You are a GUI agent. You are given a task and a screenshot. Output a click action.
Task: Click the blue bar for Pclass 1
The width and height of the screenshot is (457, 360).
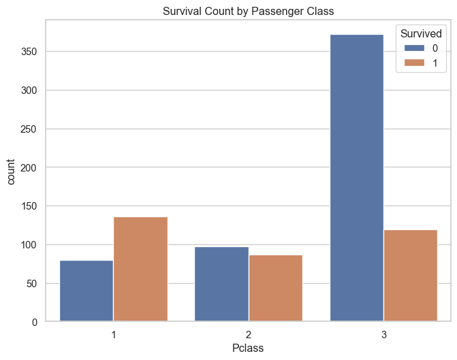[x=86, y=291]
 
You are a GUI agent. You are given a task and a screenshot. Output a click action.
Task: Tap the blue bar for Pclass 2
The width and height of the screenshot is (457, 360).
[x=221, y=284]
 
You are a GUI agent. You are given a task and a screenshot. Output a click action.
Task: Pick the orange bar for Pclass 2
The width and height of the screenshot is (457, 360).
[x=275, y=288]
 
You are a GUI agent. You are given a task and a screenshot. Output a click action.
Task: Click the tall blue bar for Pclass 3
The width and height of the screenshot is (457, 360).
[x=356, y=178]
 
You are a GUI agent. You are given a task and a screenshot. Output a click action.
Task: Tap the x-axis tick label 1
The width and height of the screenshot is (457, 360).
[x=113, y=335]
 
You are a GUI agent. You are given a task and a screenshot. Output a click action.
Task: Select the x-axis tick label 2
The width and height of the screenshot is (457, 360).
[x=248, y=335]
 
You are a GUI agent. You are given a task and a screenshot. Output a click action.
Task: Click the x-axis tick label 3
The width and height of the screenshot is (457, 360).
[x=383, y=335]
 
